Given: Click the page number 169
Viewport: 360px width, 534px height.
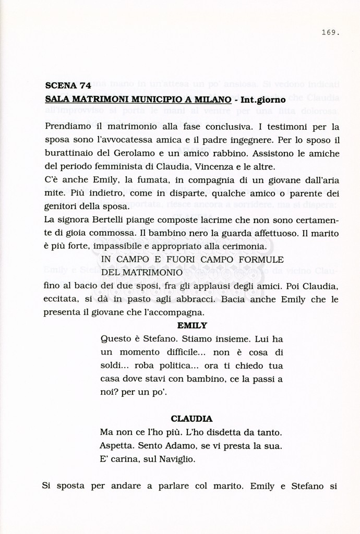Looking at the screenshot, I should [330, 33].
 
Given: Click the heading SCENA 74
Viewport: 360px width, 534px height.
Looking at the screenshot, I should [65, 86].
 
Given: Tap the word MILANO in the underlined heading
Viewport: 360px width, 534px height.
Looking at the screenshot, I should [213, 99].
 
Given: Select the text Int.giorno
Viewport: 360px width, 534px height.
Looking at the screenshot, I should [262, 99].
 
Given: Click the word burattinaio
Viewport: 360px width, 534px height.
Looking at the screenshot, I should [69, 153].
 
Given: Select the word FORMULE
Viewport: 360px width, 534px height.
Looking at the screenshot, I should [263, 259].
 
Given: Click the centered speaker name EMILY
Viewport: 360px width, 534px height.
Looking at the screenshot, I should [192, 325].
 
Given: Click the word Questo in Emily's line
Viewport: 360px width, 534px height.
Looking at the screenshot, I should [115, 338].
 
